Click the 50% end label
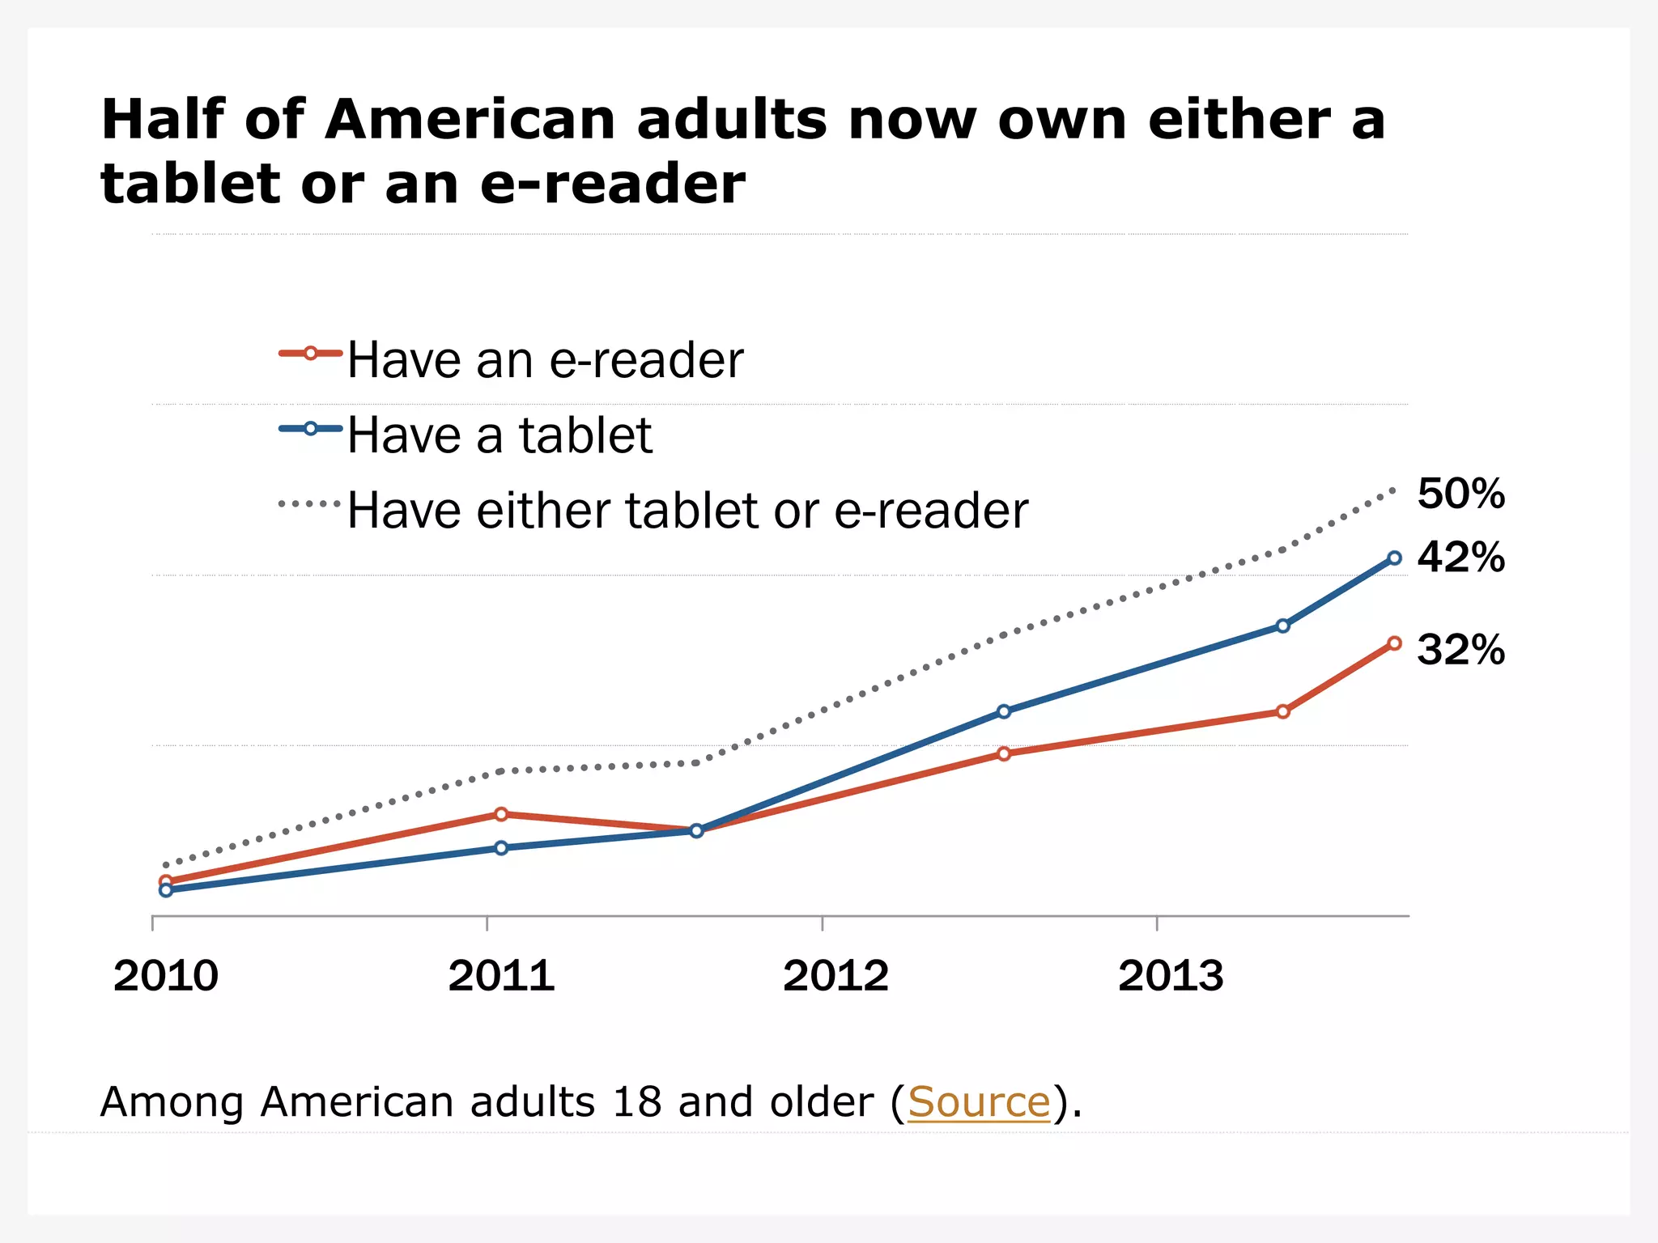click(x=1460, y=494)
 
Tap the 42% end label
click(x=1460, y=558)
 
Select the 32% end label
click(x=1460, y=650)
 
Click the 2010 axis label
click(x=166, y=975)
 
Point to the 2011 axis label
click(x=501, y=975)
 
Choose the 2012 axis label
click(x=835, y=975)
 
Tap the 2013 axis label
click(x=1171, y=975)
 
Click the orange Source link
click(x=979, y=1102)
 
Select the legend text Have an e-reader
click(x=545, y=360)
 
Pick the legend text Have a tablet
click(x=500, y=435)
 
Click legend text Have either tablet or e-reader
click(x=687, y=511)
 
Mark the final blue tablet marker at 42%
click(x=1394, y=558)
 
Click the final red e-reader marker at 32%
click(x=1394, y=643)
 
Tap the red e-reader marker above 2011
click(x=501, y=814)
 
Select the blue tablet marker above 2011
click(x=501, y=848)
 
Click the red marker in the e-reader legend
click(x=310, y=353)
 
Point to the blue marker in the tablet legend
click(x=310, y=428)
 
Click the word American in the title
click(x=470, y=120)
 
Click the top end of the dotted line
click(x=1393, y=490)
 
